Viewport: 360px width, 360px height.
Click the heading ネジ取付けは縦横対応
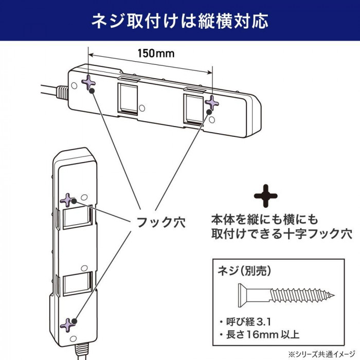(x=180, y=22)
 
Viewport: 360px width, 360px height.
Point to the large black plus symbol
(x=266, y=196)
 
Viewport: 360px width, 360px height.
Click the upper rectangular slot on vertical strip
(x=77, y=219)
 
